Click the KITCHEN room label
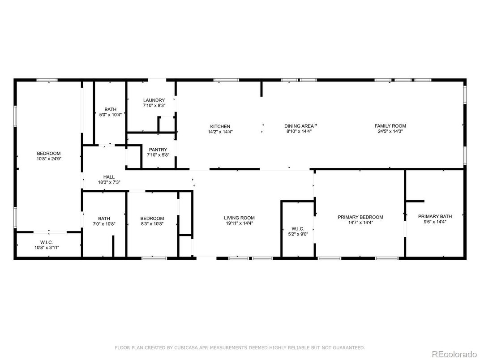[220, 126]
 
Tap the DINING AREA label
[299, 126]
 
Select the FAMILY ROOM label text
[390, 126]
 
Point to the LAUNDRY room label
[154, 100]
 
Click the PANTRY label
[158, 150]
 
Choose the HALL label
[109, 177]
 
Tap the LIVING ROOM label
[239, 218]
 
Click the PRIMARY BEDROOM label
[360, 217]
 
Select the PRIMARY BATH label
[432, 215]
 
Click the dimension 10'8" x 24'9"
[48, 159]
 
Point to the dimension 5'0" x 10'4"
[110, 115]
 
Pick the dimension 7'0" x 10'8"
[104, 224]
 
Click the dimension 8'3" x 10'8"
[152, 224]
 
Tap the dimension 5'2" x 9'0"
[297, 234]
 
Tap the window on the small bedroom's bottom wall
[154, 258]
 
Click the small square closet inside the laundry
[166, 124]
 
